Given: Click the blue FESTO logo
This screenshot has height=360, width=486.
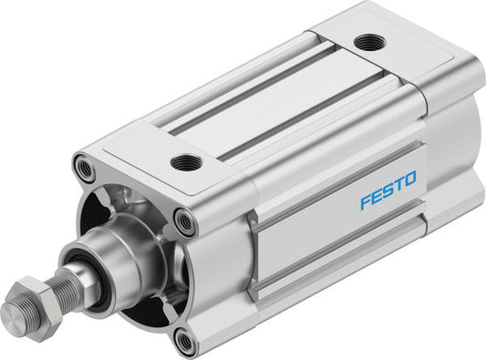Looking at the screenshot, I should [388, 189].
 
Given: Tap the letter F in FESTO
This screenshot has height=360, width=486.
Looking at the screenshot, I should [366, 200].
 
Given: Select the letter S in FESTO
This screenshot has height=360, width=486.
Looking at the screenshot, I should [388, 189].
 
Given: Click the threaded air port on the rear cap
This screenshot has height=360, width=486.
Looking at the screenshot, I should [369, 42].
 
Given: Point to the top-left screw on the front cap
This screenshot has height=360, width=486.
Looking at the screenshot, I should [85, 168].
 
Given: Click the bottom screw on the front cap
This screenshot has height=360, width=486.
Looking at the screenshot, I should [185, 342].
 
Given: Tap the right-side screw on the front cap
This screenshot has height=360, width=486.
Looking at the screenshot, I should [184, 221].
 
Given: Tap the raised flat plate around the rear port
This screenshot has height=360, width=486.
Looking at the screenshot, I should [392, 55].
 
